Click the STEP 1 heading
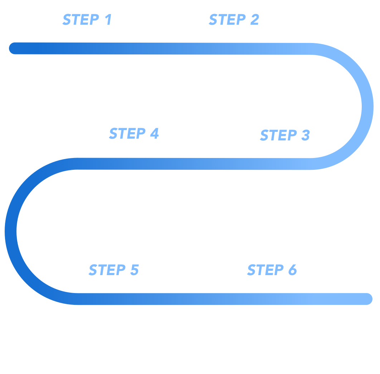(87, 20)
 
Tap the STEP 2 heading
(234, 20)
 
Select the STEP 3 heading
(284, 135)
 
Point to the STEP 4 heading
(134, 134)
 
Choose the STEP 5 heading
(113, 270)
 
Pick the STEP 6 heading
(272, 270)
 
